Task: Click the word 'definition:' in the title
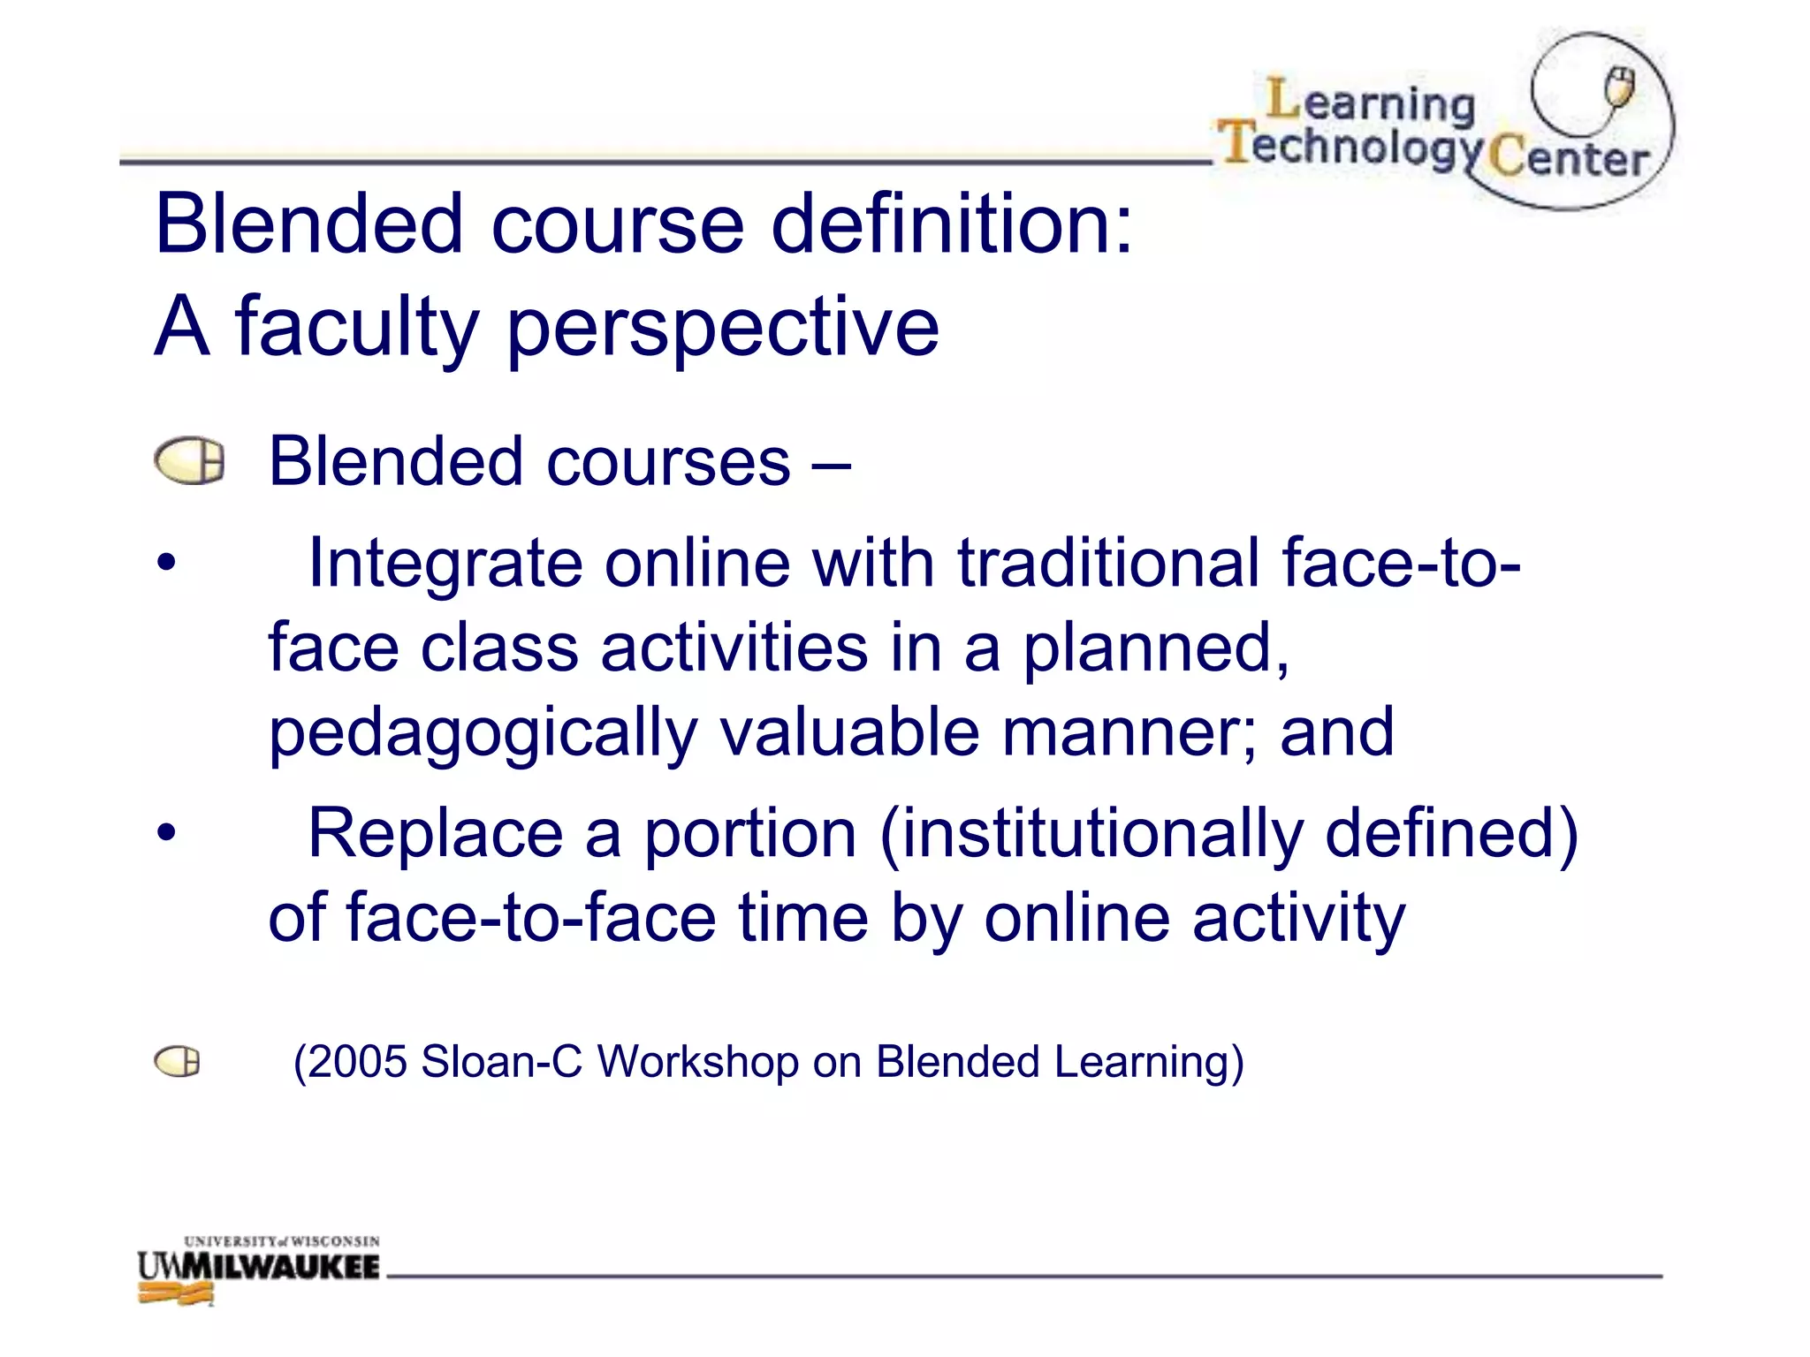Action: tap(952, 224)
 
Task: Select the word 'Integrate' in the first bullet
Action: tap(445, 564)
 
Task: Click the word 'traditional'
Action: tap(1109, 564)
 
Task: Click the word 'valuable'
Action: tap(849, 733)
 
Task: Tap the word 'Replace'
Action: tap(435, 833)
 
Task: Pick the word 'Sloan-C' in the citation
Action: tap(501, 1062)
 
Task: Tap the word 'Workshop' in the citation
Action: tap(698, 1062)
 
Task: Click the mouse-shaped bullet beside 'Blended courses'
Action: tap(189, 462)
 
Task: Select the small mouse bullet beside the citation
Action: tap(177, 1062)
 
